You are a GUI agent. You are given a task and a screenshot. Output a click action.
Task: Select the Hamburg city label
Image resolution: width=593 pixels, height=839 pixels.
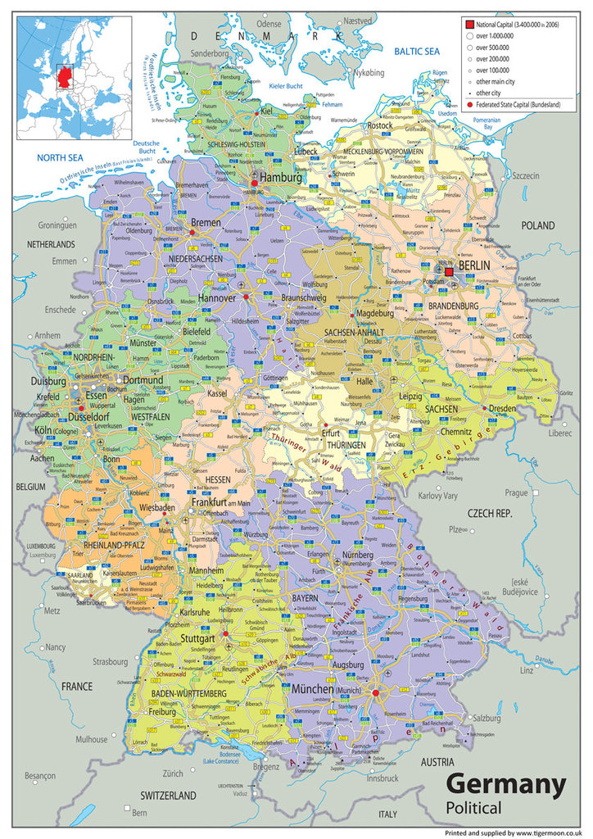[281, 177]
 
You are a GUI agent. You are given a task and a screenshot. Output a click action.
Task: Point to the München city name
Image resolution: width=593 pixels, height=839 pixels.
[313, 689]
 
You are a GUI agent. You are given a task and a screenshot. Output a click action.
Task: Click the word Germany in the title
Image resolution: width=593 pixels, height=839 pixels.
[505, 784]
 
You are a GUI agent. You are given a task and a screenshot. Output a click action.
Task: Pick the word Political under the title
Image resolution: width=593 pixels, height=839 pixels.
[474, 809]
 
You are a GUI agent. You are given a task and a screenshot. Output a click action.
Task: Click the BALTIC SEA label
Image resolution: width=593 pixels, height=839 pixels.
[417, 52]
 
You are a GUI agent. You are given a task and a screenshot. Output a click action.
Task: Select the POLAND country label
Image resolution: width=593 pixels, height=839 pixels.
[538, 225]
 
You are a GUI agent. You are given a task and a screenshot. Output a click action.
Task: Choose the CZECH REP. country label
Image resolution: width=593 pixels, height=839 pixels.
[490, 513]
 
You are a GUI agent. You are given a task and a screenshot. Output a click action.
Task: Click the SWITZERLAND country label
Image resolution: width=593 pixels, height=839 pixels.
[167, 796]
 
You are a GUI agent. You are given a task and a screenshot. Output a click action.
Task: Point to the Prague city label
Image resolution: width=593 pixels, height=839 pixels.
[516, 492]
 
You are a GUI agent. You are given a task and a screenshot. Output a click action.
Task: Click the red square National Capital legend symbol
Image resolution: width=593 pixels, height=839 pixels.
[470, 25]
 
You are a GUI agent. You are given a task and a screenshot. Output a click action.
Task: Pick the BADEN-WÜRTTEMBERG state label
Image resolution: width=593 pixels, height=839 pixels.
[188, 694]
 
